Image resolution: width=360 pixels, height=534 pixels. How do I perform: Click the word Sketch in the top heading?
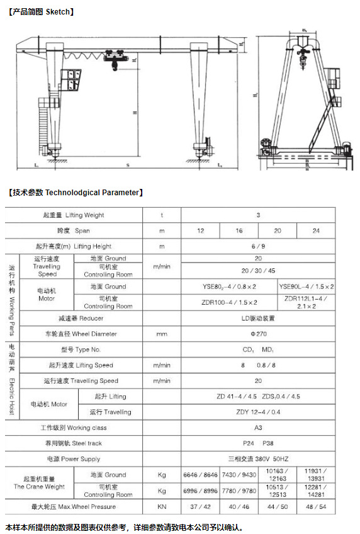tap(59, 11)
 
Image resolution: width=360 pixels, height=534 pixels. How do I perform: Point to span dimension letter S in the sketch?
tap(128, 166)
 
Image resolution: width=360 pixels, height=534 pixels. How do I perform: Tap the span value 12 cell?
tap(200, 231)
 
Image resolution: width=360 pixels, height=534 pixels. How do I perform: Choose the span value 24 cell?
tap(316, 231)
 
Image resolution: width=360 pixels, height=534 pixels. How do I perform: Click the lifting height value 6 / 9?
tap(258, 246)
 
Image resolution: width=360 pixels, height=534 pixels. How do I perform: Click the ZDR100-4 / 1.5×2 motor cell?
tap(229, 302)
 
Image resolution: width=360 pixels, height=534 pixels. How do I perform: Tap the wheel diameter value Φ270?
tap(258, 334)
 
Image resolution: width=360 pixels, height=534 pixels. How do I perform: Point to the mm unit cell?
tap(162, 334)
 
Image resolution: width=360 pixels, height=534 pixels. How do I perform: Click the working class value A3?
tap(258, 428)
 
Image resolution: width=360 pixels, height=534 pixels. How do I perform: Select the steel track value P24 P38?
tap(258, 443)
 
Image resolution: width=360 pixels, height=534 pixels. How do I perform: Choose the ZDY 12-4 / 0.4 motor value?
tap(258, 412)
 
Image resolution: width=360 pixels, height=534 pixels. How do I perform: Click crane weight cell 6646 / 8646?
tap(200, 475)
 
